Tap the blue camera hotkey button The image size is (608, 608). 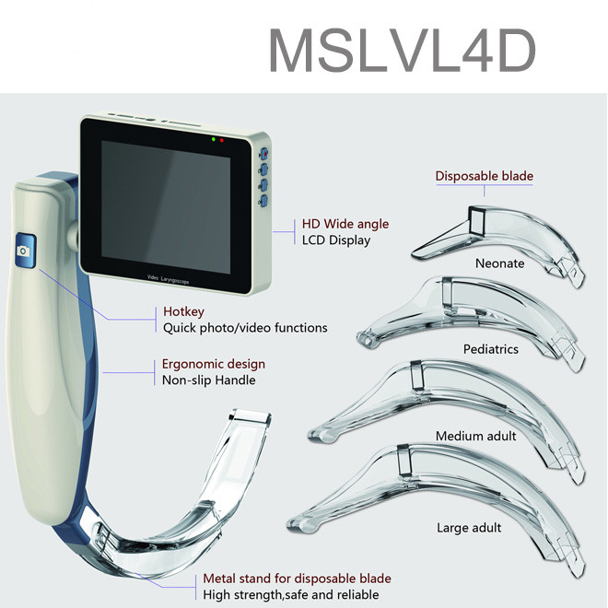pos(24,251)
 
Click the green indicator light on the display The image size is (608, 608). pos(213,140)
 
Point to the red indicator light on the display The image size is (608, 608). pos(222,140)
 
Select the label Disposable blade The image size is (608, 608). pos(484,176)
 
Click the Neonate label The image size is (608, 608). pos(500,263)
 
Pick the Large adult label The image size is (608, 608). pos(469,528)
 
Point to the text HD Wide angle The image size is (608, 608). pos(345,224)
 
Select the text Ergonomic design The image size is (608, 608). pos(214,364)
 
